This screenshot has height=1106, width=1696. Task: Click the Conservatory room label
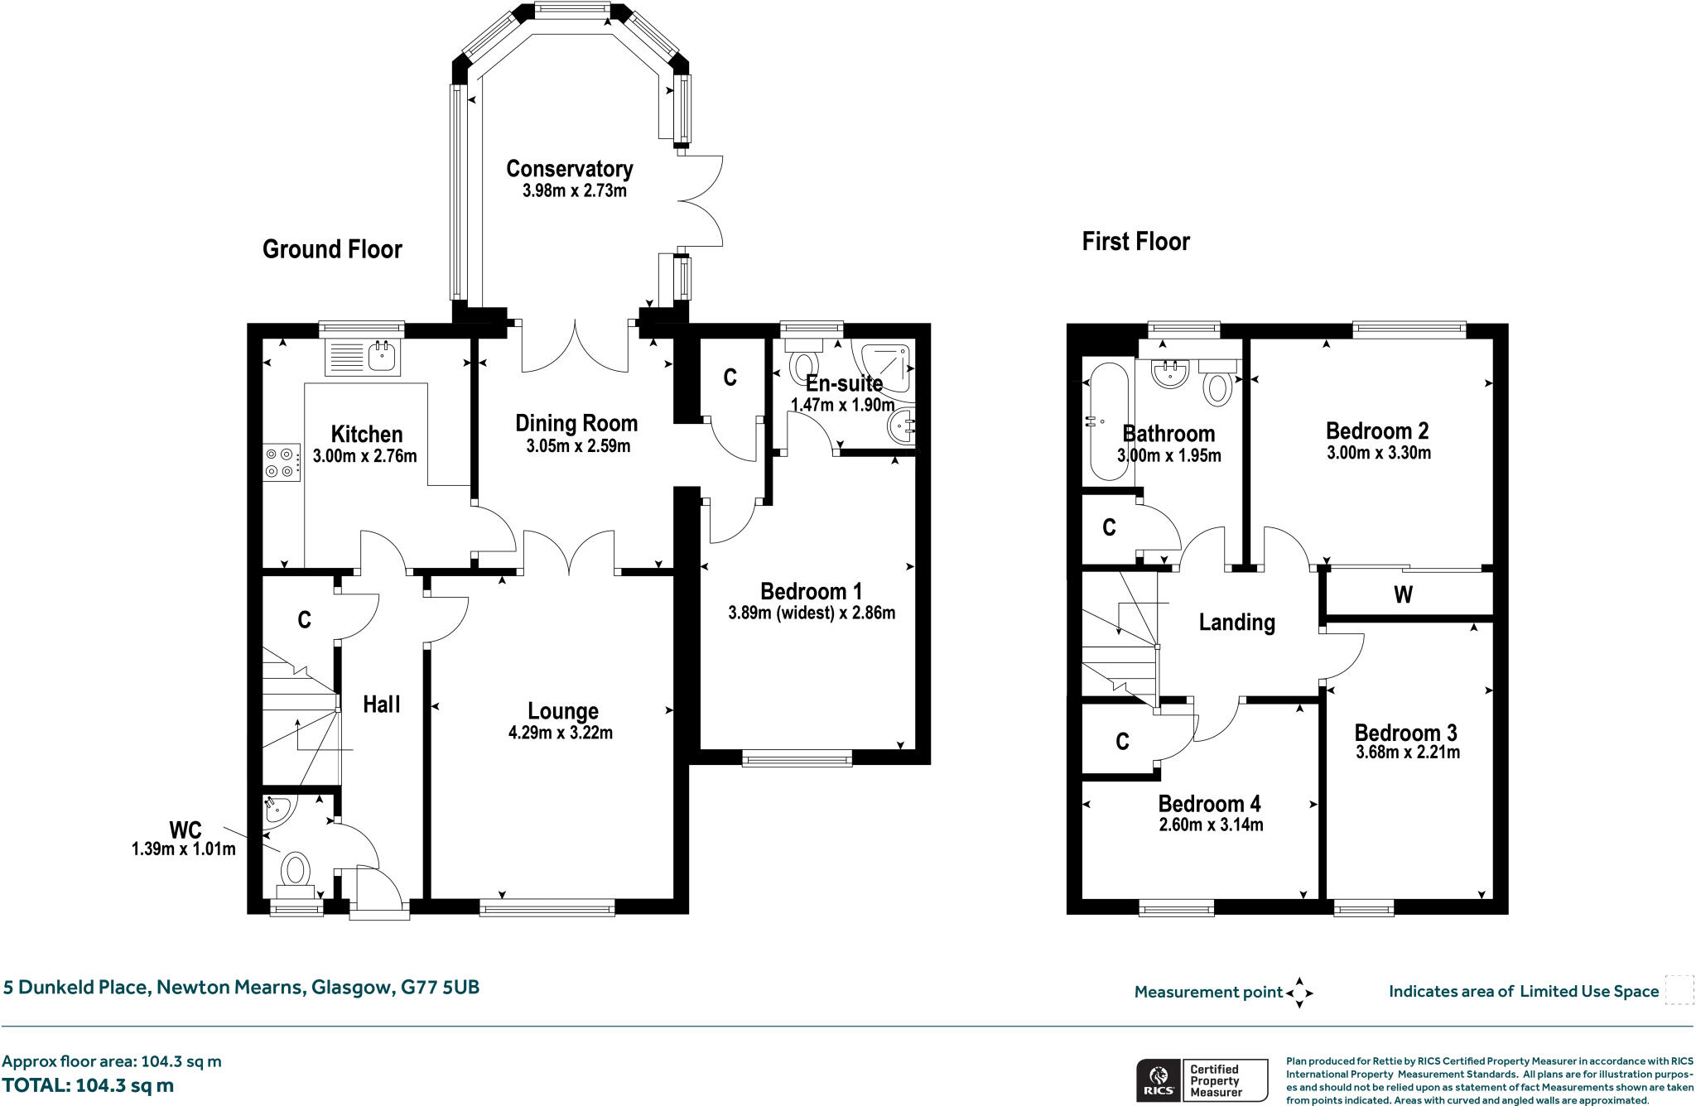(569, 169)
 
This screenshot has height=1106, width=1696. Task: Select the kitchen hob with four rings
(282, 462)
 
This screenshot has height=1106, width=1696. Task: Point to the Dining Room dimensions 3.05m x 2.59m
(577, 446)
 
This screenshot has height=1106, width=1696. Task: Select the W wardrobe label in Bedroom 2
(1403, 594)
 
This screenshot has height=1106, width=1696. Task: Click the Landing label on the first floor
(1236, 623)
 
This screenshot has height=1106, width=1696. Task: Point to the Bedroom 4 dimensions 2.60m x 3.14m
(1210, 825)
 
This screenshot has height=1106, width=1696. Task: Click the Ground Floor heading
(332, 249)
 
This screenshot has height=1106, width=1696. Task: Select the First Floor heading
(1135, 242)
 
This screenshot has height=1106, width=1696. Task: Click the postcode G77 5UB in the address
(440, 987)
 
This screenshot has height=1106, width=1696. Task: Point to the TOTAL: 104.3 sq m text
(88, 1085)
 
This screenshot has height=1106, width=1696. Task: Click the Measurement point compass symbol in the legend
(1298, 992)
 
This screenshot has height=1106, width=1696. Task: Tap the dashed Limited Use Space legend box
(1679, 990)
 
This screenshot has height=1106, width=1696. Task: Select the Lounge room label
(563, 711)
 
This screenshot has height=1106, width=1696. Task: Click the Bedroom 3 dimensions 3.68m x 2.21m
(1407, 753)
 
